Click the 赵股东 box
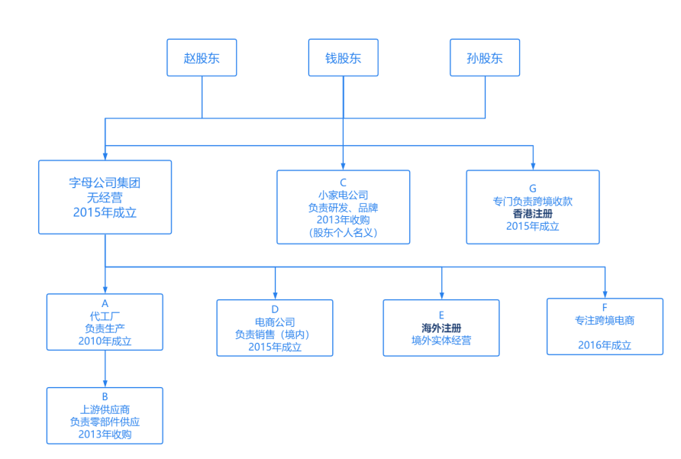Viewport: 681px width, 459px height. pos(202,58)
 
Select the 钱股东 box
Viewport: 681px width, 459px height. pos(343,58)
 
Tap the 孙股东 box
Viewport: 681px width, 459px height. pos(485,58)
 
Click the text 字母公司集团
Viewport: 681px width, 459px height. pos(105,183)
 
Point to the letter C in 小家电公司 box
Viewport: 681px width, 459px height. pos(343,182)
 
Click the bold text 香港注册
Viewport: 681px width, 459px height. pos(532,214)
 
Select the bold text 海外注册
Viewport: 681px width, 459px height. pos(441,328)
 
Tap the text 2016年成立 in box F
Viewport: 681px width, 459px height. pos(605,345)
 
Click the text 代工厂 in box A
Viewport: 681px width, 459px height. pos(105,315)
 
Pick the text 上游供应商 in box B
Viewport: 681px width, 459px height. pos(105,409)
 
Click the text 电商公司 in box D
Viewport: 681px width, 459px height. pos(275,322)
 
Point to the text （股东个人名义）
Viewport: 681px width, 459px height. pos(343,232)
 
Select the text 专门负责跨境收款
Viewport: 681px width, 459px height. pos(532,202)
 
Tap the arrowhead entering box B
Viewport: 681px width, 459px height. pos(105,383)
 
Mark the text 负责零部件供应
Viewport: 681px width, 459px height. pos(105,422)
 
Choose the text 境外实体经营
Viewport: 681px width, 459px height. pos(441,340)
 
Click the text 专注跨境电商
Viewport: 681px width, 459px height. pos(605,321)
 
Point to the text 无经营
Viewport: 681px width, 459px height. pos(105,198)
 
